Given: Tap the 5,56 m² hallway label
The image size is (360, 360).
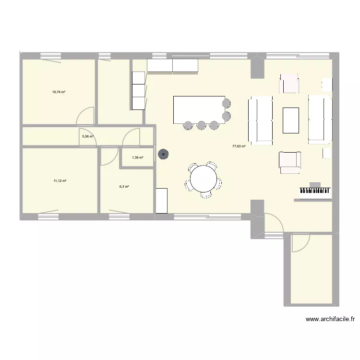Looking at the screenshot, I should point(88,136).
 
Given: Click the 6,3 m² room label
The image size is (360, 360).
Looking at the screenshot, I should point(124,187).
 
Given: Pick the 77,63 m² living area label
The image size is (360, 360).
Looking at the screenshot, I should point(239,146).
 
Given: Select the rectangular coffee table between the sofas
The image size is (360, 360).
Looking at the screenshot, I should point(291,120).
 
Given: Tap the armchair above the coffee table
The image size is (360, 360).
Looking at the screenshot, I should point(289,83).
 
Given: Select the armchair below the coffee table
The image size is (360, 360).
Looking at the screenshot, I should point(290,162).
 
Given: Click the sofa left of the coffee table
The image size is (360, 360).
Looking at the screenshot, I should point(260,120).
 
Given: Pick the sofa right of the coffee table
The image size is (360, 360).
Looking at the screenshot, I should point(320,119).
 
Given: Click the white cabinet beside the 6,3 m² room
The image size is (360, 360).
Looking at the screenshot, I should point(161,201).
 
